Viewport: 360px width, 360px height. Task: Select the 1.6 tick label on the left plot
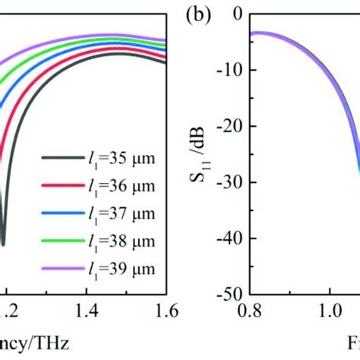166,310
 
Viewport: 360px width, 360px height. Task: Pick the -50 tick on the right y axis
232,293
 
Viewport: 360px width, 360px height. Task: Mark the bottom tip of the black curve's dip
3,244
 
